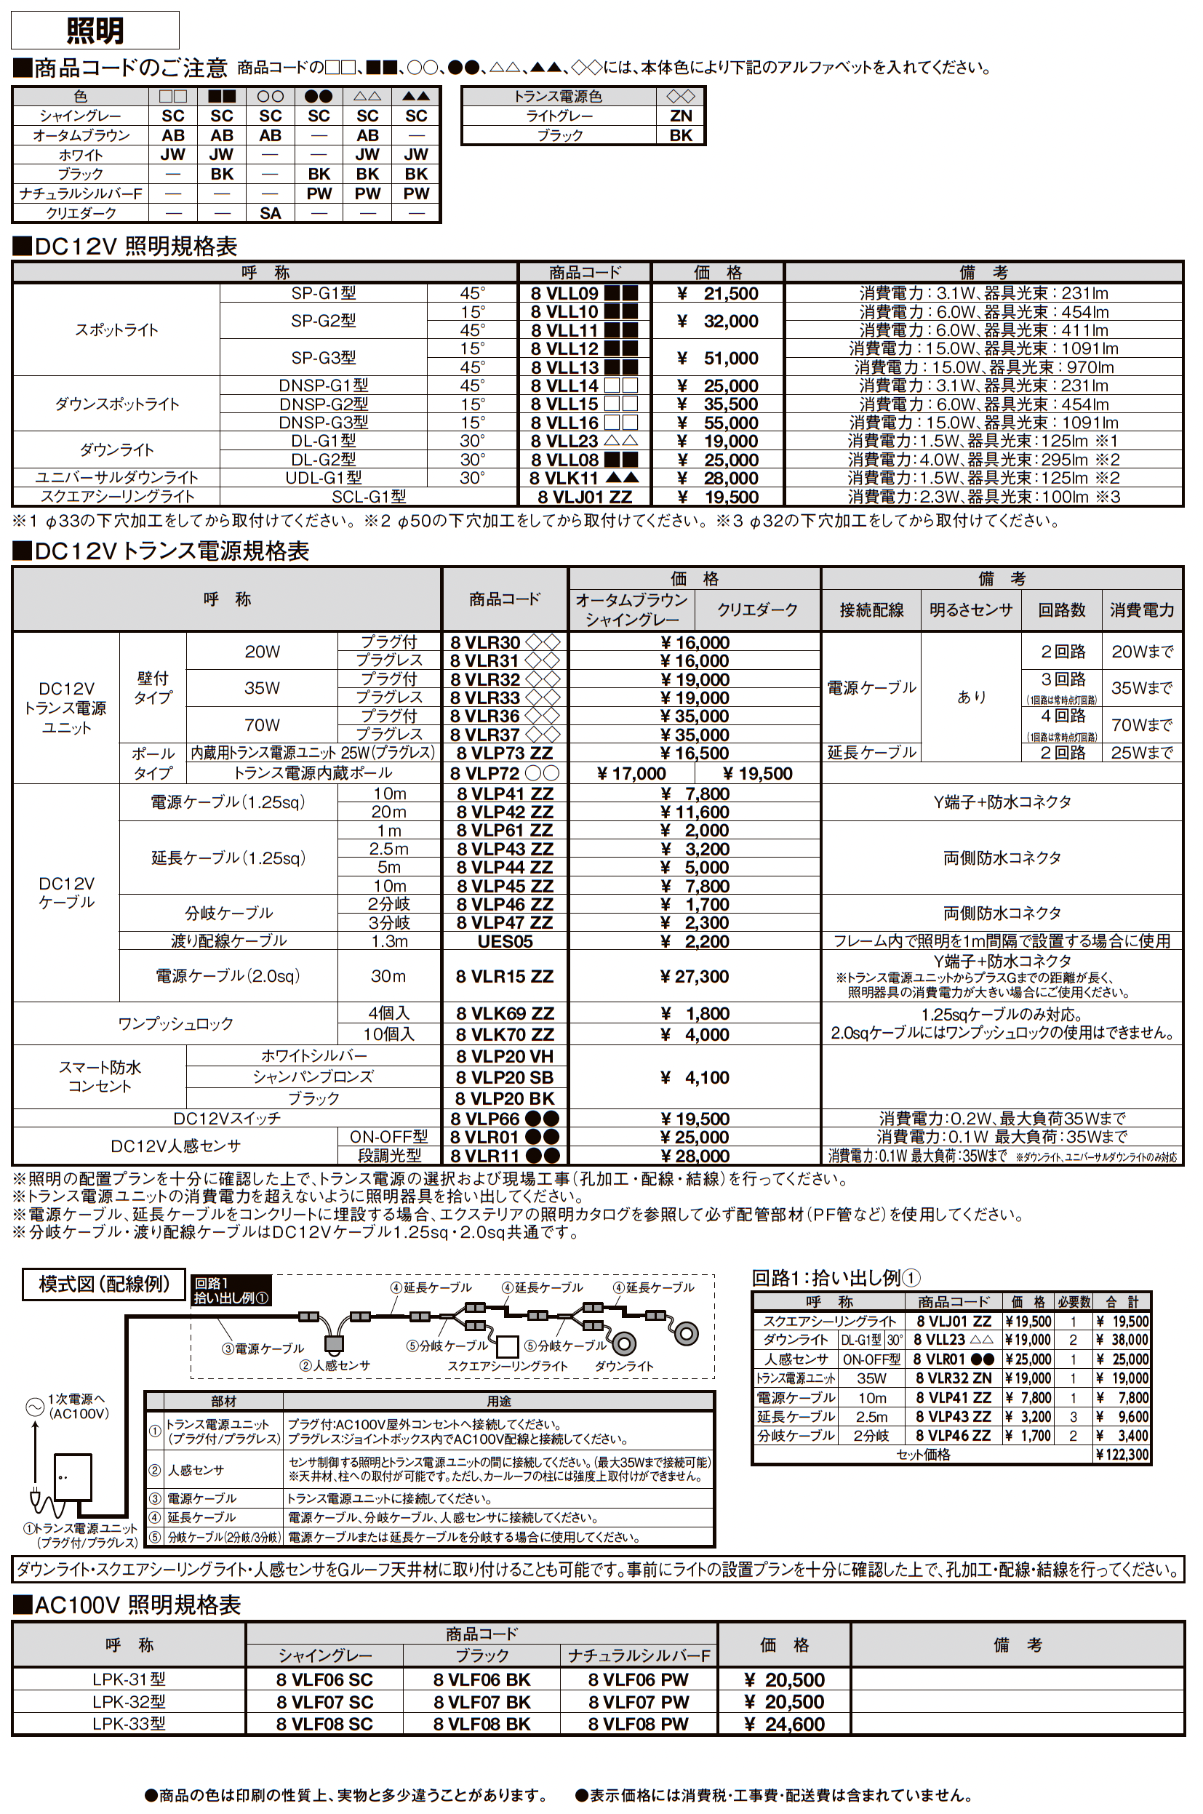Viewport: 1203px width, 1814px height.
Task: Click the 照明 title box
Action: pos(95,31)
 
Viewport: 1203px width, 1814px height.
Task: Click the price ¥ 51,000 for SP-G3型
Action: pos(718,358)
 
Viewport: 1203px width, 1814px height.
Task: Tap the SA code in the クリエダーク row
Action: pos(270,213)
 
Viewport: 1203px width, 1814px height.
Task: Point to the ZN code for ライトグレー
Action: pos(681,116)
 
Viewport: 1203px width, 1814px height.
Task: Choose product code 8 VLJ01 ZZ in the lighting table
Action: pos(585,497)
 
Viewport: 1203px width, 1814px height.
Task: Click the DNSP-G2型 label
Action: pos(323,404)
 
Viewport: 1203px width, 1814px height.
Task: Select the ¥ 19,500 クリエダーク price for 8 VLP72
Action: pos(757,773)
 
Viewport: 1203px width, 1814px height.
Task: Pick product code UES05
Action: pos(505,941)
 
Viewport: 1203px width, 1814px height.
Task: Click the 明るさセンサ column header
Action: pos(970,610)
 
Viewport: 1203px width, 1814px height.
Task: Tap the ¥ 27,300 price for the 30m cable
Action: pos(695,976)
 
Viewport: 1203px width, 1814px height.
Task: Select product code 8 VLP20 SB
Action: pos(505,1077)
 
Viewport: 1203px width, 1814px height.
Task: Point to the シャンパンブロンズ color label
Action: pos(313,1077)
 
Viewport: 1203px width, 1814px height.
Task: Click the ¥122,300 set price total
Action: pos(1122,1454)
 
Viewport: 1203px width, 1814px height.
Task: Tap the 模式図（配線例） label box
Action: pos(103,1284)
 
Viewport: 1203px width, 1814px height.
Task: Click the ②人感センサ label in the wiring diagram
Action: pos(335,1365)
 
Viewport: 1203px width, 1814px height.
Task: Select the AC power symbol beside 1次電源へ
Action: pos(33,1407)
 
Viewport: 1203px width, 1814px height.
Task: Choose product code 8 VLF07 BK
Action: pos(481,1702)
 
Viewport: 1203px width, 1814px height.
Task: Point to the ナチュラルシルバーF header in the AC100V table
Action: pos(639,1656)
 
